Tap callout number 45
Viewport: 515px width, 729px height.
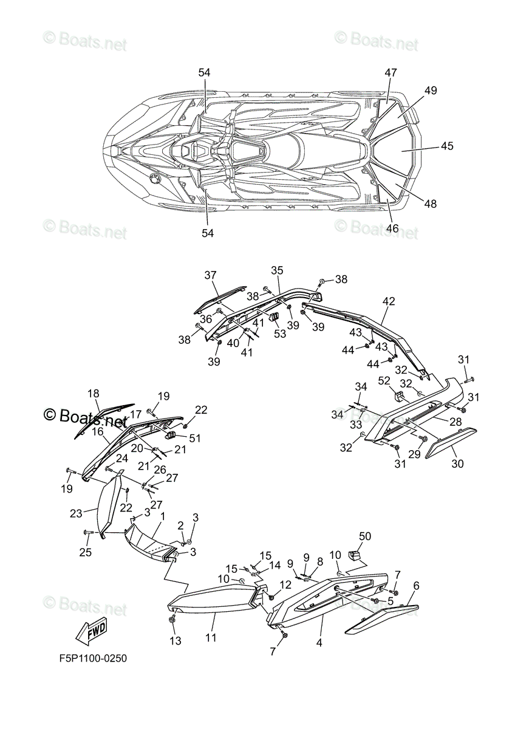coord(447,146)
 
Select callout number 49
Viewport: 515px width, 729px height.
coord(431,91)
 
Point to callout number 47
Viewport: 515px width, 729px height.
coord(390,73)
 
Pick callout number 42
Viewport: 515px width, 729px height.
coord(389,301)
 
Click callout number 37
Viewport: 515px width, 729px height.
coord(210,275)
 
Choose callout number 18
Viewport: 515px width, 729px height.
coord(94,393)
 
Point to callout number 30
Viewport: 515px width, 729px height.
coord(457,464)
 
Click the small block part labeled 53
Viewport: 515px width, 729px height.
coord(274,317)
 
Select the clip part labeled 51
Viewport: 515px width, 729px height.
coord(171,434)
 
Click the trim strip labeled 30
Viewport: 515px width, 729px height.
coord(451,442)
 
